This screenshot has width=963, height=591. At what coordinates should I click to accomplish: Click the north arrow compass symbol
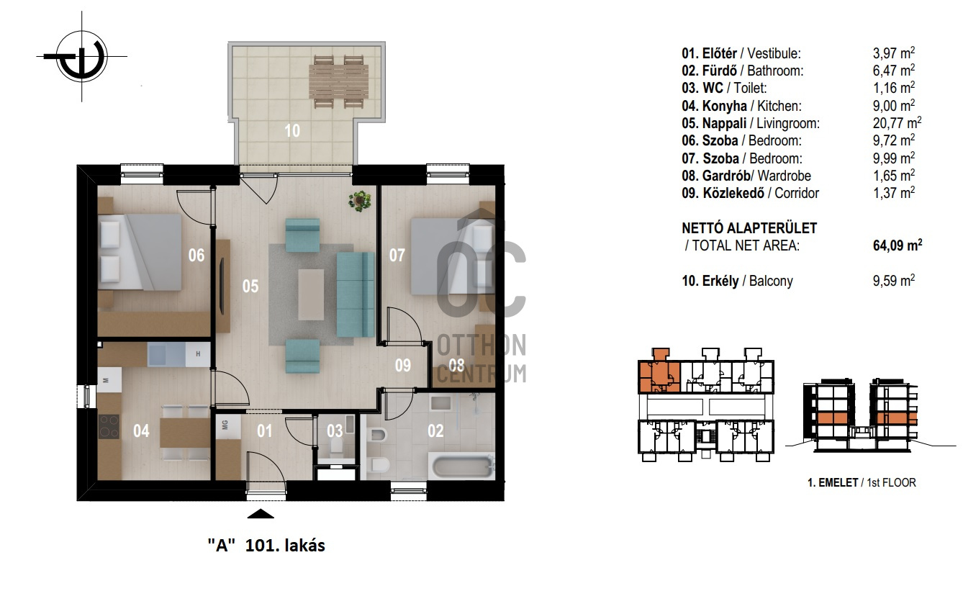click(x=81, y=56)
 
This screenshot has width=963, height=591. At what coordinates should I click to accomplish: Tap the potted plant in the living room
click(x=359, y=201)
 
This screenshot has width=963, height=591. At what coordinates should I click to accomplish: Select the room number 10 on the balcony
click(x=292, y=131)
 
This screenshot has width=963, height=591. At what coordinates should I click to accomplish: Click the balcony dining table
click(x=339, y=81)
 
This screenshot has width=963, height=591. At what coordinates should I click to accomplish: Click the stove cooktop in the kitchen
click(x=109, y=426)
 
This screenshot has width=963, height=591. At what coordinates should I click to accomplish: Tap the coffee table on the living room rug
click(x=311, y=294)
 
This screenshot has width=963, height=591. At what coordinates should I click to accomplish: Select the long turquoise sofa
click(x=356, y=294)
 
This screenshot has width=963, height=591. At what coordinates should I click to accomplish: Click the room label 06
click(x=196, y=256)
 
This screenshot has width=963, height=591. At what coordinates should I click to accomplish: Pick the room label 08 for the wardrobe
click(x=456, y=365)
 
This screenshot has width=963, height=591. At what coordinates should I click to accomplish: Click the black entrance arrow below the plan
click(x=261, y=513)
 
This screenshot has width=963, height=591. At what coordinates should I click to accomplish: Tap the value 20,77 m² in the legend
click(x=897, y=123)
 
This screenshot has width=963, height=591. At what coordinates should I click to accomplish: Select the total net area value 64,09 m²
click(x=898, y=245)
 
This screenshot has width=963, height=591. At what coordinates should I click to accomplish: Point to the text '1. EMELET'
click(x=833, y=482)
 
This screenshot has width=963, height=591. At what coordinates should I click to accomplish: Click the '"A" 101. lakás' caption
click(x=266, y=546)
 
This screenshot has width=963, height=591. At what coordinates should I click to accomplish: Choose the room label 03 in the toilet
click(x=335, y=431)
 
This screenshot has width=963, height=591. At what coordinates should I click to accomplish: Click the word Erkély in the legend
click(x=720, y=281)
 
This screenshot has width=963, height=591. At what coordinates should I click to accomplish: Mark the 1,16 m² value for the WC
click(x=893, y=88)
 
